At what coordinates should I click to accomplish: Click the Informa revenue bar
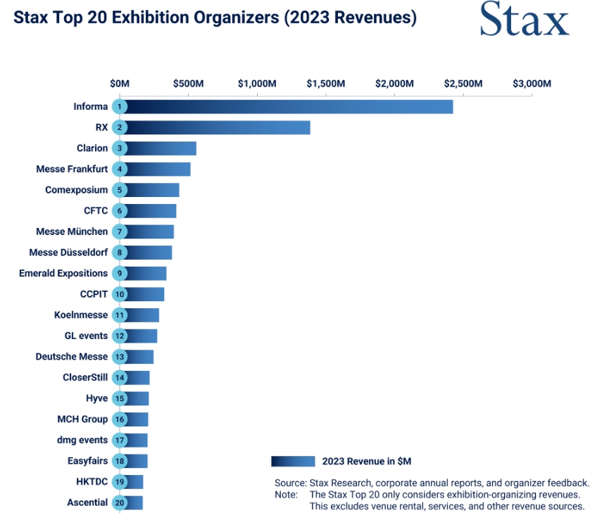tap(289, 107)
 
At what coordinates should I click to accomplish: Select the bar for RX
tap(218, 127)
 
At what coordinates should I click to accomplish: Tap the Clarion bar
tap(161, 148)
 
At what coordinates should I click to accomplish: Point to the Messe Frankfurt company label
tap(72, 169)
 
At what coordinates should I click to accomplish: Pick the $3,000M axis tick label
tap(532, 84)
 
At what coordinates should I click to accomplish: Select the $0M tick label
tap(120, 84)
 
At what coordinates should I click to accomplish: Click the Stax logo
tap(524, 20)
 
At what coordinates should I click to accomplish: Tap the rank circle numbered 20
tap(120, 502)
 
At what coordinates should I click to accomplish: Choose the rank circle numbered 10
tap(120, 294)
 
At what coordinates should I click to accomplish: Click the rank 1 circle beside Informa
tap(120, 107)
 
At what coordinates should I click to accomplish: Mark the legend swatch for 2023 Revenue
tap(293, 462)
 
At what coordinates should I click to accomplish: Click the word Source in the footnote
tap(289, 483)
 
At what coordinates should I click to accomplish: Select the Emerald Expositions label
tap(63, 273)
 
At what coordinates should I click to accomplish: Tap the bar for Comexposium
tap(153, 190)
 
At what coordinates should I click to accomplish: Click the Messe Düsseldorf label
tap(68, 253)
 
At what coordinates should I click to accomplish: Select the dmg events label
tap(82, 440)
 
